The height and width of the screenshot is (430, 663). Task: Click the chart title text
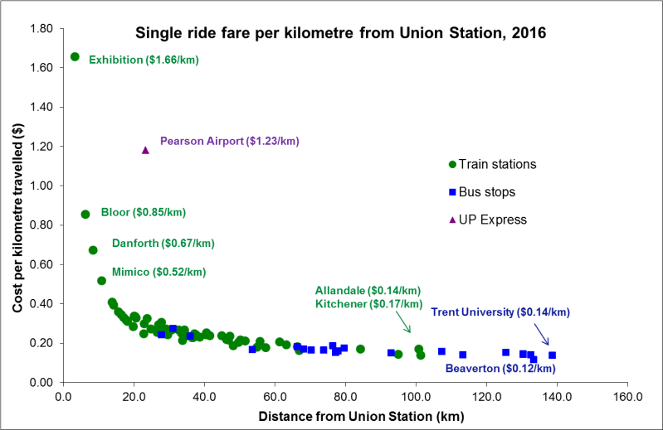(341, 33)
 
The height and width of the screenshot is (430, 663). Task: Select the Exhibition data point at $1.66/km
(75, 56)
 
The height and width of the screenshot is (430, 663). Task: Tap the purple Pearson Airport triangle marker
(145, 150)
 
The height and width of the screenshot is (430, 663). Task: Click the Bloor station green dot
(85, 214)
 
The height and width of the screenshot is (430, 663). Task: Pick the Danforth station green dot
(93, 249)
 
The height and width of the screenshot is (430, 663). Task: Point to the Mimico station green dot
(101, 280)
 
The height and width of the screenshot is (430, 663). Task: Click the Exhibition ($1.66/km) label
(144, 60)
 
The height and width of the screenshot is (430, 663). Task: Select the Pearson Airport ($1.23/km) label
(229, 141)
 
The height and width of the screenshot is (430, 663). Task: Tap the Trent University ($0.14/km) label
(500, 312)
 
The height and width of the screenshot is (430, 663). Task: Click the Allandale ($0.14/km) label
(368, 290)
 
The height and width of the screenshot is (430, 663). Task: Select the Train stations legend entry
(492, 164)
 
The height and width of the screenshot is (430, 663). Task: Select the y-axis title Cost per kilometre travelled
(17, 205)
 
